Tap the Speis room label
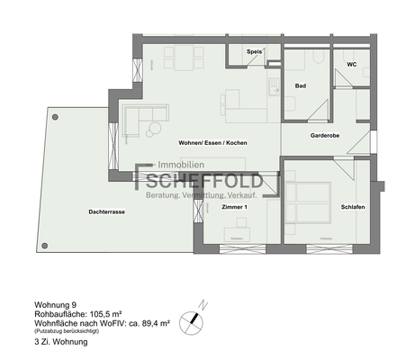click(255, 52)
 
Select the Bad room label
click(301, 85)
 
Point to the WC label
click(352, 65)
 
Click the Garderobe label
click(325, 136)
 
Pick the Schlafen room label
click(352, 208)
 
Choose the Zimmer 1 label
click(233, 208)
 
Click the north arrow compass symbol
click(190, 317)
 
